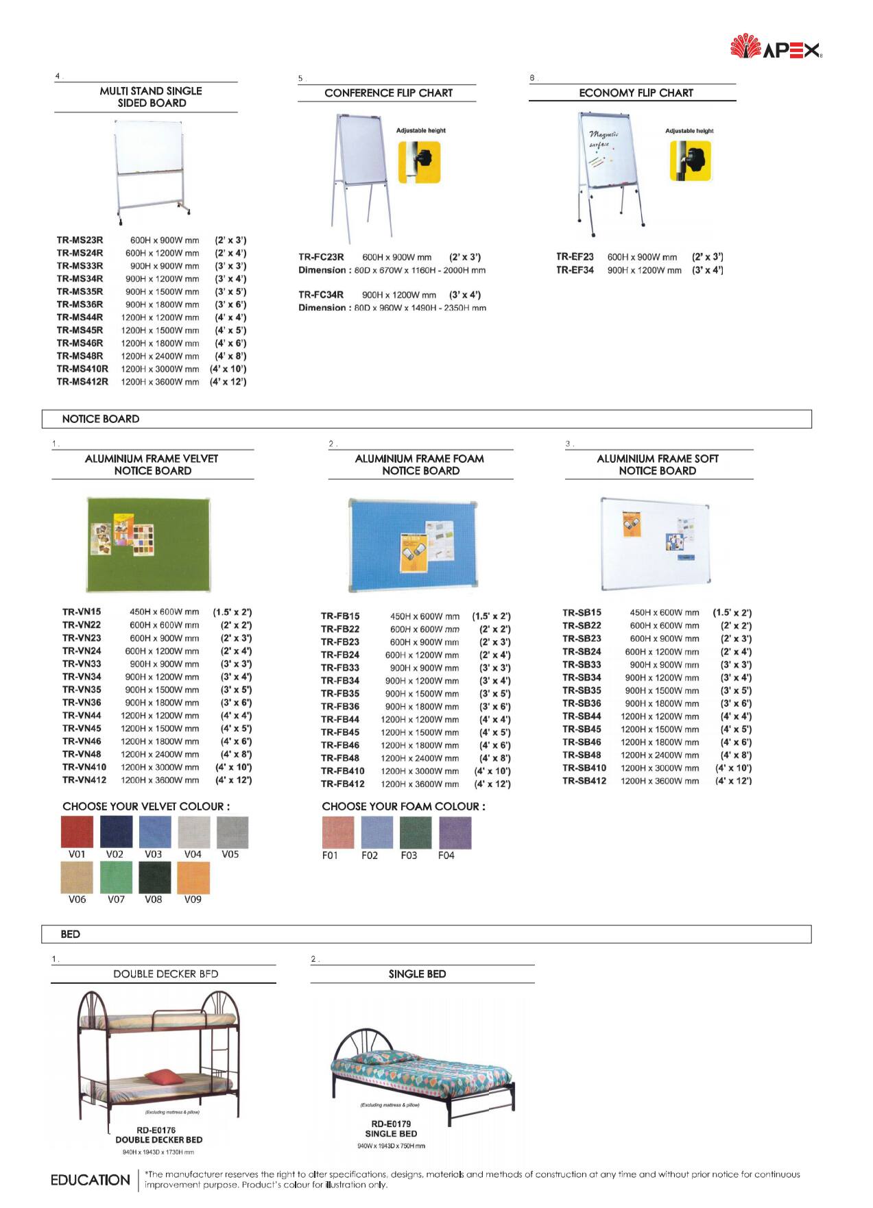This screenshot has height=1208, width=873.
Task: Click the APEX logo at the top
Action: pyautogui.click(x=776, y=48)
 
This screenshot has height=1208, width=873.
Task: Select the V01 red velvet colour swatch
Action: pyautogui.click(x=77, y=832)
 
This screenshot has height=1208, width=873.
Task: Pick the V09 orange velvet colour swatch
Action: pyautogui.click(x=193, y=877)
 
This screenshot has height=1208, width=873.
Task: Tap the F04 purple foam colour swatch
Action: pyautogui.click(x=455, y=832)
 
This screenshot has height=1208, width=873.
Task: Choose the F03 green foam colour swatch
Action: pyautogui.click(x=416, y=832)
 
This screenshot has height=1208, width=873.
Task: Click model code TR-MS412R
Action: pyautogui.click(x=82, y=382)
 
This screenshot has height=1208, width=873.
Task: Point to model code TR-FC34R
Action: pyautogui.click(x=321, y=295)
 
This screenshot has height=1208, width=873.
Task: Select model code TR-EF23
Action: pyautogui.click(x=575, y=257)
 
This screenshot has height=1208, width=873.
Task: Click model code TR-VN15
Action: pyautogui.click(x=82, y=612)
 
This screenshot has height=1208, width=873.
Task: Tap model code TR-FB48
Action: pyautogui.click(x=340, y=758)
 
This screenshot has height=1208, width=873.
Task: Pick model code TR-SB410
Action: pyautogui.click(x=584, y=768)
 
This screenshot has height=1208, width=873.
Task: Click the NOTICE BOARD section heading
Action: pyautogui.click(x=101, y=419)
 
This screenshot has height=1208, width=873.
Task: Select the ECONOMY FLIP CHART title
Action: pyautogui.click(x=636, y=93)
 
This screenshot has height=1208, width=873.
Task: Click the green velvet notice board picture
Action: pyautogui.click(x=148, y=544)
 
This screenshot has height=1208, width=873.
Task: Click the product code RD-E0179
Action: pyautogui.click(x=391, y=1124)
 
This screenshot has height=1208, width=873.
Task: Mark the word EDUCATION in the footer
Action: pyautogui.click(x=91, y=1180)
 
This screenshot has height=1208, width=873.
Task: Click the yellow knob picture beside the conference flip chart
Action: pyautogui.click(x=419, y=162)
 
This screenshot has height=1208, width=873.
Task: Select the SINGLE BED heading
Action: pyautogui.click(x=417, y=974)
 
